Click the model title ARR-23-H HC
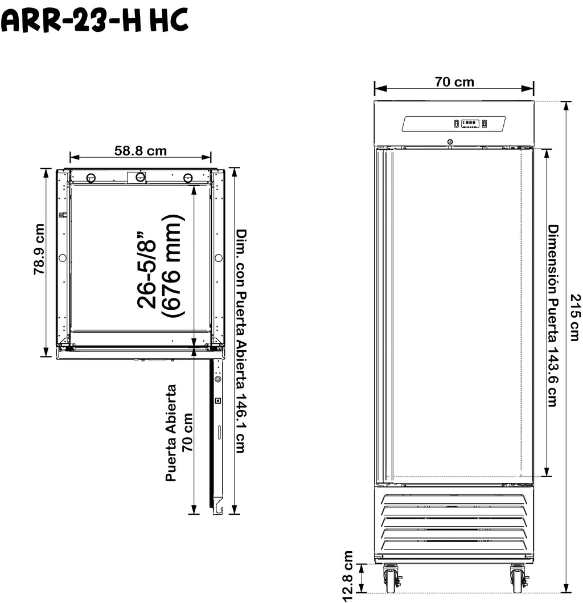coord(94,20)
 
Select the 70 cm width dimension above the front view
coord(454,82)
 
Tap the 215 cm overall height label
coord(575,318)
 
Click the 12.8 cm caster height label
coord(347,576)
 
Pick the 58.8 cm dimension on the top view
coord(141,151)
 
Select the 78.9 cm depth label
coord(39,249)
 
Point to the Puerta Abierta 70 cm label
coord(179,433)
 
